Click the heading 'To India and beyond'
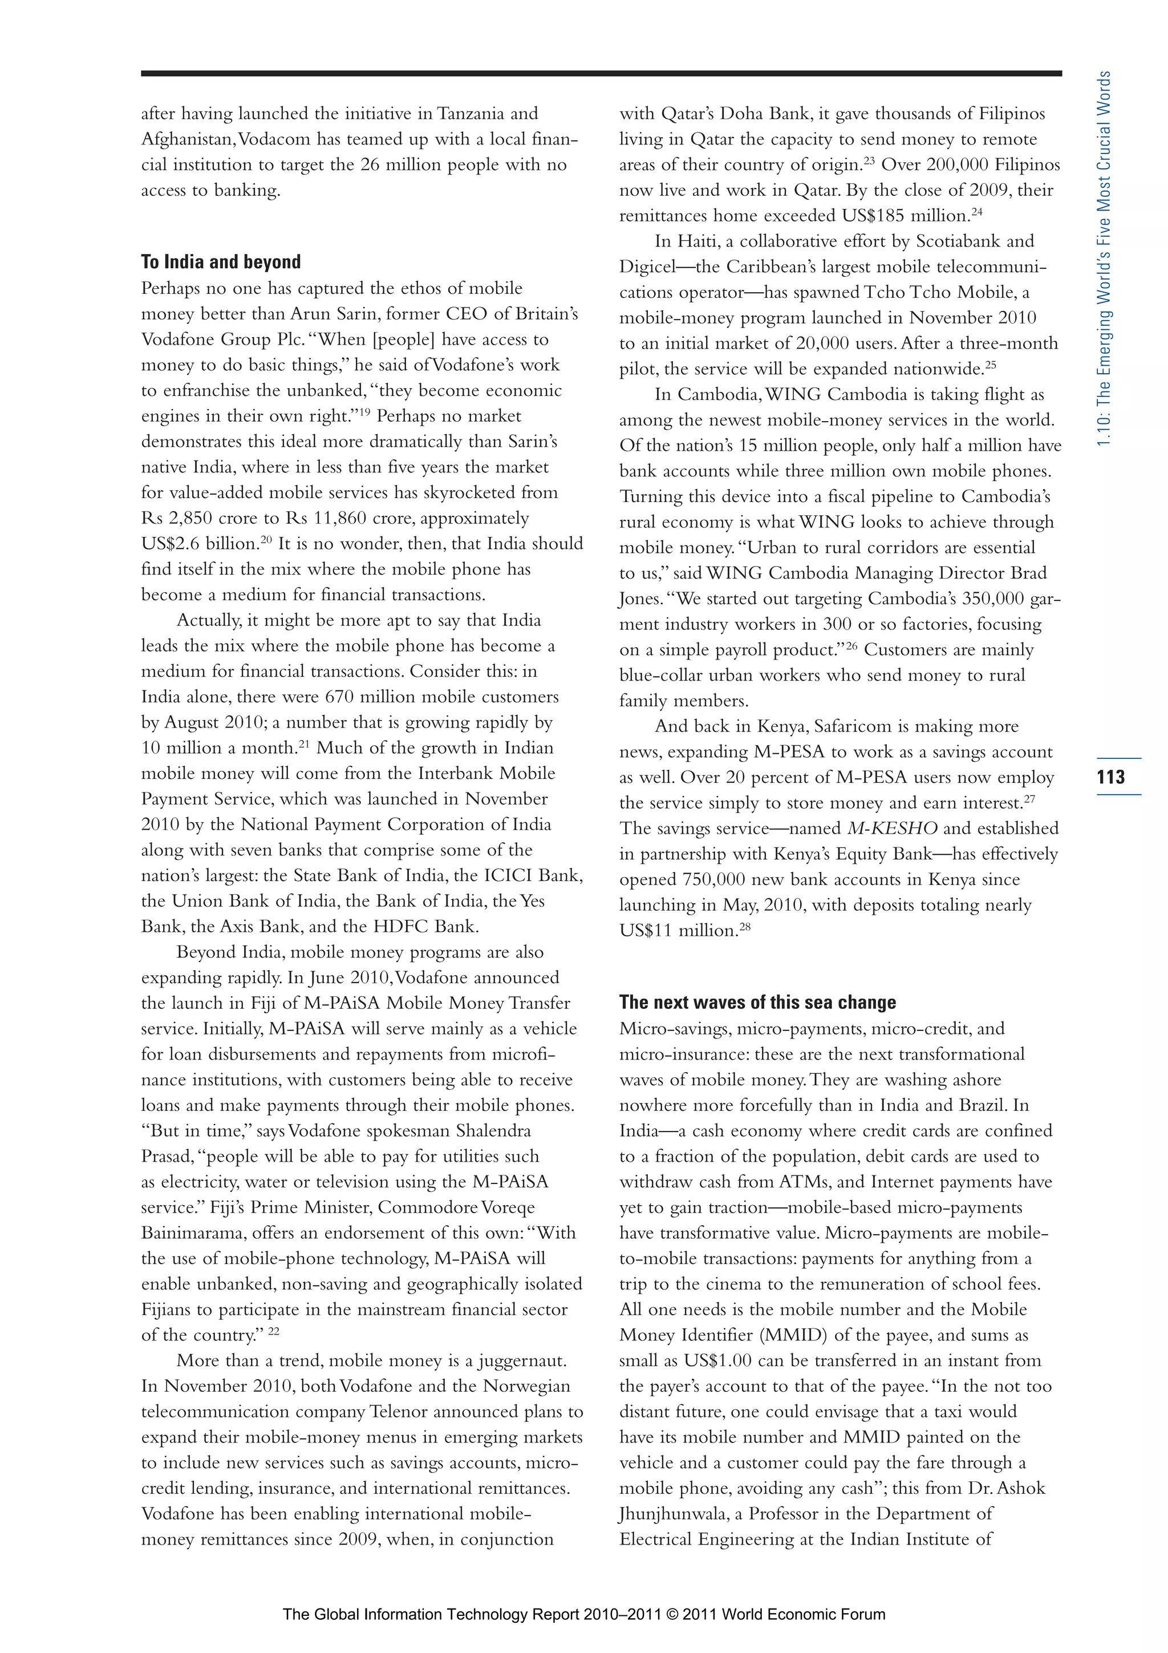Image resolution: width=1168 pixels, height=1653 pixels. coord(221,262)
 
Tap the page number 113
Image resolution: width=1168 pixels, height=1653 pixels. coord(1111,777)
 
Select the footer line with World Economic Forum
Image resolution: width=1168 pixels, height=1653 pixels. coord(583,1614)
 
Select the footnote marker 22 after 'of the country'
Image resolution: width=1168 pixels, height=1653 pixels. coord(274,1332)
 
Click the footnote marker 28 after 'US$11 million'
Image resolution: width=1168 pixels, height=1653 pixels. coord(745,927)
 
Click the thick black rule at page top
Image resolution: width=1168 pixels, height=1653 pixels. coord(601,72)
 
